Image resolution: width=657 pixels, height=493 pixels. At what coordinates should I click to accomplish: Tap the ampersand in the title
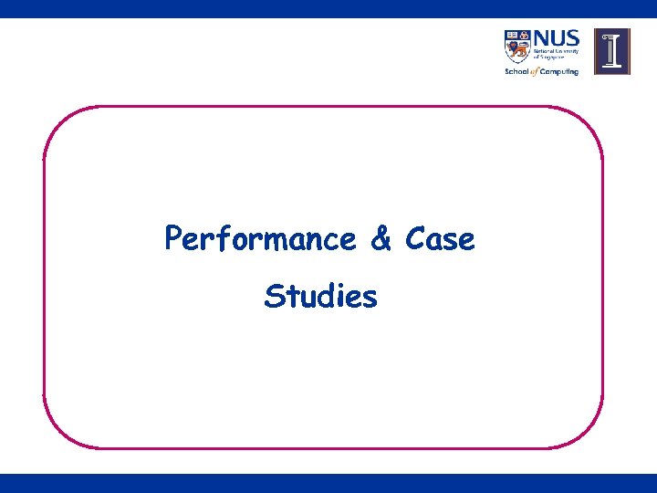(381, 239)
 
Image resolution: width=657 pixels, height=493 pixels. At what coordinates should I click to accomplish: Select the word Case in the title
(440, 239)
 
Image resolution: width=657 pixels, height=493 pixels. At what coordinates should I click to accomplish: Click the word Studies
(320, 297)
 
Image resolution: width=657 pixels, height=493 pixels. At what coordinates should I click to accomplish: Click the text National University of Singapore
(555, 57)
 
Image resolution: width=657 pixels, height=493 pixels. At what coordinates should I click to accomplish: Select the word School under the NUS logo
(516, 71)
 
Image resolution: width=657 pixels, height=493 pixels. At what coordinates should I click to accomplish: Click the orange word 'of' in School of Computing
(534, 71)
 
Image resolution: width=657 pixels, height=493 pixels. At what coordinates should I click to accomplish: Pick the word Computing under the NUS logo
(558, 71)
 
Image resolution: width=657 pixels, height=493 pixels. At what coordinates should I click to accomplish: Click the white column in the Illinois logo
(611, 51)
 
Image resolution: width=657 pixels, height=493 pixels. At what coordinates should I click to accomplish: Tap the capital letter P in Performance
(173, 239)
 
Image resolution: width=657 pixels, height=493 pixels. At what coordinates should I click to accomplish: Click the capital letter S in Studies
(273, 297)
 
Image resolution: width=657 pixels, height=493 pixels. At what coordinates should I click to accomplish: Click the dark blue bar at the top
(328, 8)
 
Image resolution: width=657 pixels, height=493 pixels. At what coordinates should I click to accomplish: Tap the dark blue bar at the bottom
(328, 483)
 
